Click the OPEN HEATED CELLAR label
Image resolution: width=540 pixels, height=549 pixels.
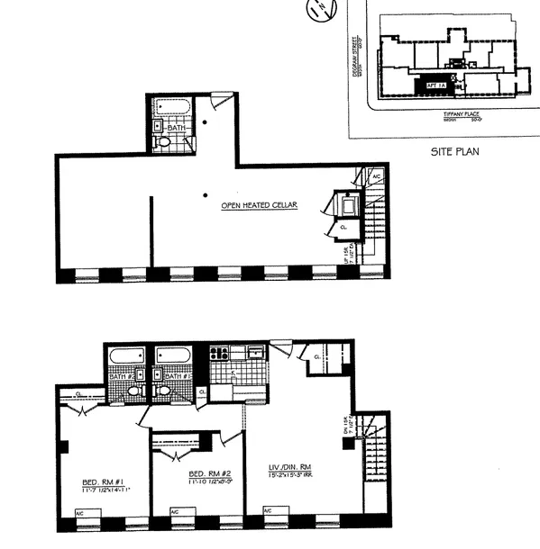coord(260,205)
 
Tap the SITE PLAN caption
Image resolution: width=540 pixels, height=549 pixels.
coord(455,151)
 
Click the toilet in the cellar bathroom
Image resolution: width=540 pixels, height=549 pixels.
coord(163,140)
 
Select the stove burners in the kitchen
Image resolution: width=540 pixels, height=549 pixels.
coord(219,354)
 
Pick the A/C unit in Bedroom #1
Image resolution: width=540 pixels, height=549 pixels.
coord(80,516)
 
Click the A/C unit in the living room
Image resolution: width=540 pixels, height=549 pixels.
coord(268,513)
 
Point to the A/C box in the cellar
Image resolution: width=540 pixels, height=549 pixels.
coord(376,176)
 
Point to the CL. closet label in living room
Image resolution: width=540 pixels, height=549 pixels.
coord(318,356)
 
